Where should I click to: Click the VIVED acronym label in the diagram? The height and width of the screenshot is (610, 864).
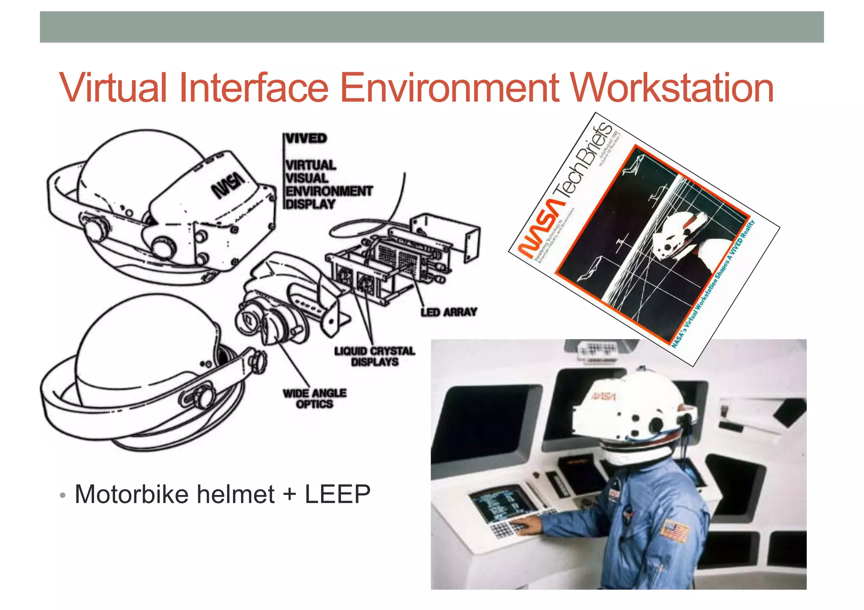pos(306,138)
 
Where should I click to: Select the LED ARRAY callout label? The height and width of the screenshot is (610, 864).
pos(448,312)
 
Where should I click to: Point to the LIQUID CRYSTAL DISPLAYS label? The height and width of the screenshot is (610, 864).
pos(375,357)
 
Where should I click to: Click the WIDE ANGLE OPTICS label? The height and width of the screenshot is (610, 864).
pos(315,398)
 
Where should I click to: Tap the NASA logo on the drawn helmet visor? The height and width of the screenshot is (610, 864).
pos(228,185)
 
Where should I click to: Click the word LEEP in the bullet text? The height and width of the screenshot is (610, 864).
pos(337,494)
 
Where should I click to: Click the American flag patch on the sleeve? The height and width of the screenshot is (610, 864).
pos(675,532)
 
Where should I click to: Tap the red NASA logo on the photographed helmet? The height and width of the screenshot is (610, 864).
pos(603,396)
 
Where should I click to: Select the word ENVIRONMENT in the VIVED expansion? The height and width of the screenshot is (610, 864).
pos(329,191)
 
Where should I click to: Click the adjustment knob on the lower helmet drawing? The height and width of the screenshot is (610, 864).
pos(203,396)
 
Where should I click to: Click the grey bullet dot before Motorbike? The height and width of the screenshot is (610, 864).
pos(63,495)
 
